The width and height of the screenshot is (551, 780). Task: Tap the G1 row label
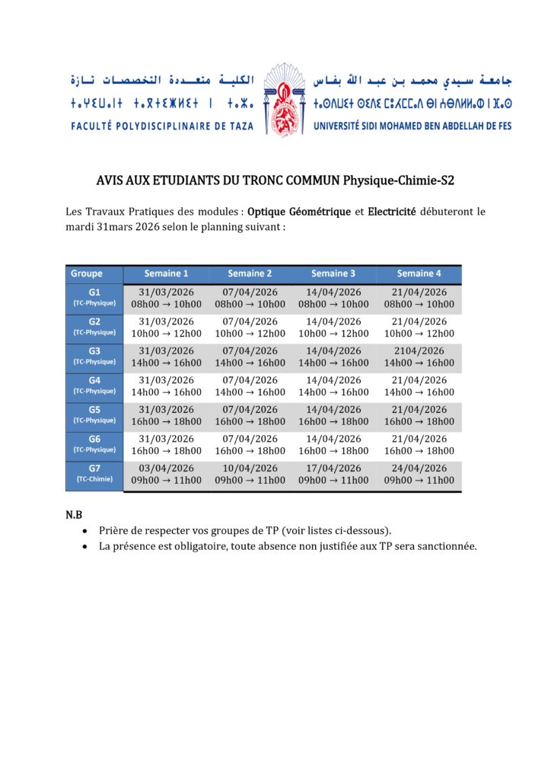[x=94, y=298]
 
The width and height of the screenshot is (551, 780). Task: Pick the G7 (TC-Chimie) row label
[x=94, y=474]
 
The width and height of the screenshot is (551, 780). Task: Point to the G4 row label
[x=94, y=386]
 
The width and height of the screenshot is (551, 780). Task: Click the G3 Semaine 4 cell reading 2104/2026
[x=419, y=356]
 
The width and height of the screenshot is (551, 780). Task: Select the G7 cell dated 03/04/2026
[x=167, y=474]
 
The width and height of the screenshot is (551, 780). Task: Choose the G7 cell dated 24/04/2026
[x=419, y=474]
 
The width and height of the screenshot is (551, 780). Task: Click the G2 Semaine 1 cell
[x=167, y=328]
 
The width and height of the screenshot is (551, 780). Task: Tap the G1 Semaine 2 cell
[x=250, y=298]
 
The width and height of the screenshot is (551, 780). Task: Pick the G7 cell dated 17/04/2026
[x=333, y=474]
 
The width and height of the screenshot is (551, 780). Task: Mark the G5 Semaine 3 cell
[x=333, y=415]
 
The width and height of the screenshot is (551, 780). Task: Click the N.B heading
[x=74, y=516]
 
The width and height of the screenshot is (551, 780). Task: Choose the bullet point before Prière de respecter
[x=84, y=531]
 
